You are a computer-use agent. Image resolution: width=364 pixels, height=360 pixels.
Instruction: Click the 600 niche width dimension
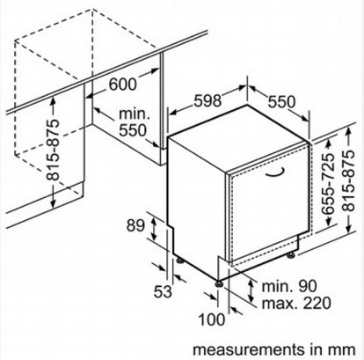coord(123,84)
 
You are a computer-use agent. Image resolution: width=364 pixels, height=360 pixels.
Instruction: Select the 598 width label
coord(207,101)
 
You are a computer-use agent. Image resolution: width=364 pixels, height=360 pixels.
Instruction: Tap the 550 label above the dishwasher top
coord(281,102)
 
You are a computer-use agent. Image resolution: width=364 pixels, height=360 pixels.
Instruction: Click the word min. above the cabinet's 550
coord(135,114)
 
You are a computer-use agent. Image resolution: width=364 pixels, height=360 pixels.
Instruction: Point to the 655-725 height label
coord(328,183)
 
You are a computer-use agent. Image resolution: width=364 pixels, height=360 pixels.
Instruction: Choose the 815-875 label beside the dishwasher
coord(349,180)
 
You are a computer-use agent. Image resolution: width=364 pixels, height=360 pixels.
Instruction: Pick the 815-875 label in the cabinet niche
coord(54,150)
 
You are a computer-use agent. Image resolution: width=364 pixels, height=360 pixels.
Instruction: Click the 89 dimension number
coord(135,225)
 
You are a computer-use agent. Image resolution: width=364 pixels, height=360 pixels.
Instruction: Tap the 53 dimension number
coord(163,291)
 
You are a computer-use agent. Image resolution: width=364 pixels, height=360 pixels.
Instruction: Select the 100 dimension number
coord(212,320)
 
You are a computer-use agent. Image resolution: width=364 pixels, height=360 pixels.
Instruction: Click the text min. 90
coord(289,286)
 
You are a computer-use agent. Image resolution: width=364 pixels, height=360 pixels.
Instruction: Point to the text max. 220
coord(296,303)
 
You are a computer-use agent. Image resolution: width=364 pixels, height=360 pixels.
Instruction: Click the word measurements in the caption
coord(249,349)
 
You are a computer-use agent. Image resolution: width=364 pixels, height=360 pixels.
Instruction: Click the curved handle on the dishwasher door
coord(275,173)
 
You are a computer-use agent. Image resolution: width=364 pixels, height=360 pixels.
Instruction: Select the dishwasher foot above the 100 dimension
coord(219,284)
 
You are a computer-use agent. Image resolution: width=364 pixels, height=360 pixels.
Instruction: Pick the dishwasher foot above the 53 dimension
coord(178,261)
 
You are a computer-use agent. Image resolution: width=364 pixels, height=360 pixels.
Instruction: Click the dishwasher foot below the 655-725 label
coord(292,256)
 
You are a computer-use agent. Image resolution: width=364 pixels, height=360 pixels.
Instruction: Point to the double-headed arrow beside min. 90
coord(251,290)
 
